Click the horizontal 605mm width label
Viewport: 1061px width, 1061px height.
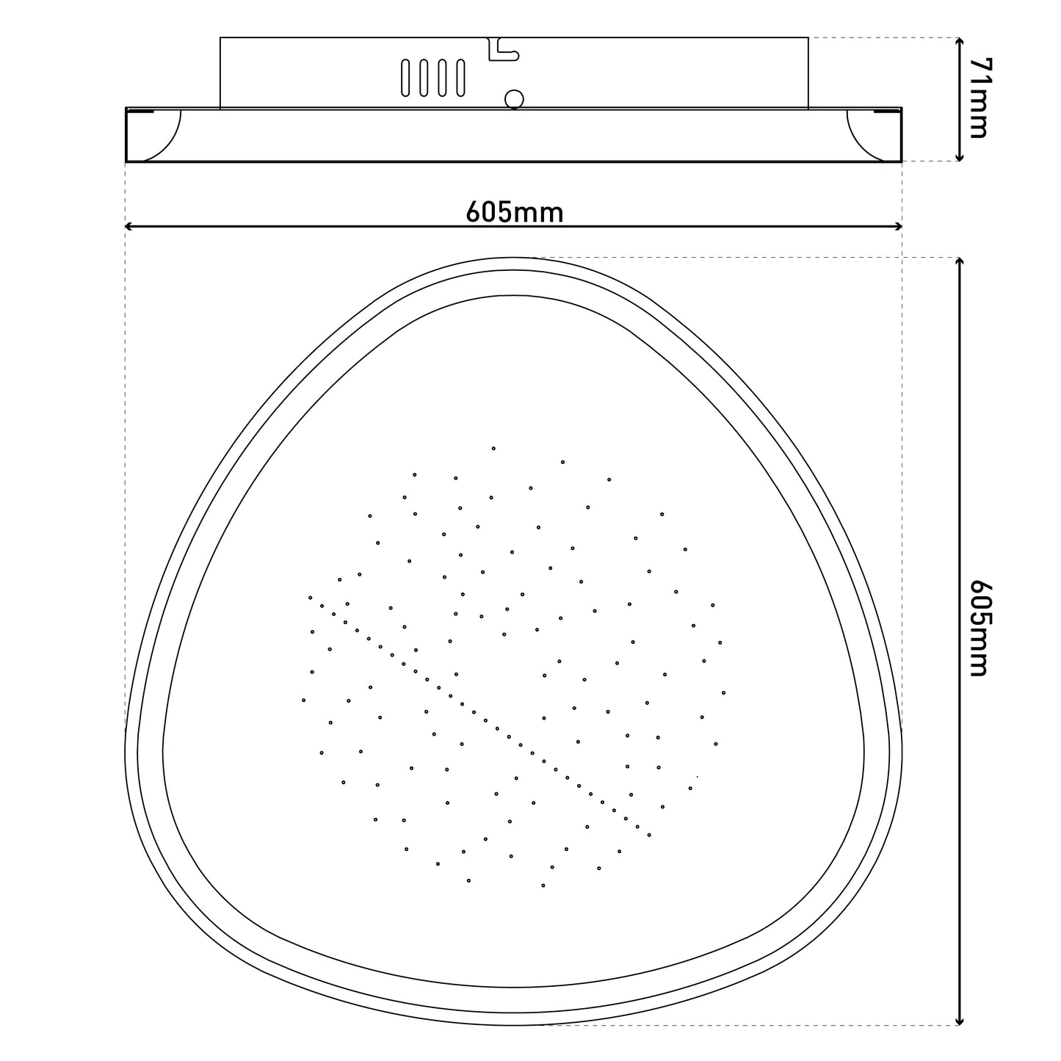pos(515,212)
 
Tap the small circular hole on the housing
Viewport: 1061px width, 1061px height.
pos(514,99)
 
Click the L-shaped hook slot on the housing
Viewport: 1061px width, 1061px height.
pos(503,48)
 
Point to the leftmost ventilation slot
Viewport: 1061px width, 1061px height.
pos(405,78)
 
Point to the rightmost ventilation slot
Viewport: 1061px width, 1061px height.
pos(461,78)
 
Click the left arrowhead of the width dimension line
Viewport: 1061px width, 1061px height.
pos(129,226)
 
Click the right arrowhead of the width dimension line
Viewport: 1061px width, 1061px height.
pos(898,226)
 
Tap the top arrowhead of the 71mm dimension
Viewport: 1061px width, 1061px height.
pos(959,42)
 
